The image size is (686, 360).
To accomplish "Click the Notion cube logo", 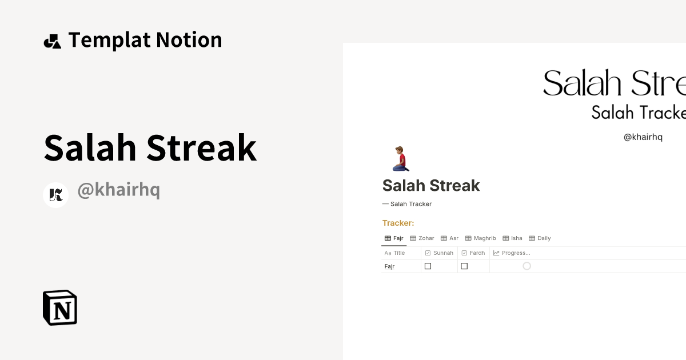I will click(60, 307).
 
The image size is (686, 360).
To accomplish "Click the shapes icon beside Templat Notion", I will click(52, 41).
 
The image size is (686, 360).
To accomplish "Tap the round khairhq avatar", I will click(55, 195).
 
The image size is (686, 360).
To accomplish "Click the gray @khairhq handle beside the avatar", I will click(118, 190).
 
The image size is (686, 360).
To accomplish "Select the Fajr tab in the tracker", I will click(394, 238).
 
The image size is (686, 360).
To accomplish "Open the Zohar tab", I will click(422, 238).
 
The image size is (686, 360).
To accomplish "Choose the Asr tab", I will click(449, 238).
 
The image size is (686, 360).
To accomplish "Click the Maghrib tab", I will click(480, 238).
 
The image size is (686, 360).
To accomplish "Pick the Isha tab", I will click(512, 238).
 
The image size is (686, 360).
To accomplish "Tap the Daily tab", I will click(540, 238).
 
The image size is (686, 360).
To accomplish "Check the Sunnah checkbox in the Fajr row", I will click(428, 266).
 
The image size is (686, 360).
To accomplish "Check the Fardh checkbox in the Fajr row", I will click(464, 266).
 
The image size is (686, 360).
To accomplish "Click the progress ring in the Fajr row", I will click(527, 266).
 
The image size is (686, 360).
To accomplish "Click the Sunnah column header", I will click(439, 253).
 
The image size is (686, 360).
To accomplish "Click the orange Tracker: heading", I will click(398, 223).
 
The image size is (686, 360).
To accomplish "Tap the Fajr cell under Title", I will click(390, 266).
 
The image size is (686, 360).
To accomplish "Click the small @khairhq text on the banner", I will click(643, 137).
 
